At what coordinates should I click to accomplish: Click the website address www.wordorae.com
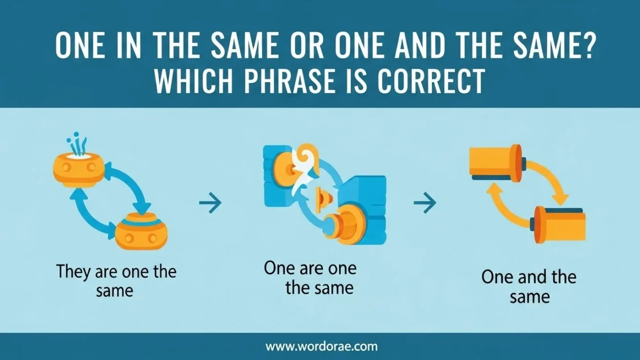[x=321, y=346]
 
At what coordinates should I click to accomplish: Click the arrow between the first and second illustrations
[x=210, y=204]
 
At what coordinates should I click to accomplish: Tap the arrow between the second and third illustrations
[x=425, y=204]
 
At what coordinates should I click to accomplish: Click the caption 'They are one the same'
[x=116, y=281]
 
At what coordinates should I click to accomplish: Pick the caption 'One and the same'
[x=529, y=287]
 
